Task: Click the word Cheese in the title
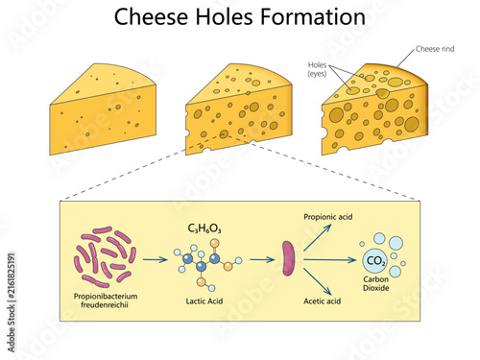(x=151, y=17)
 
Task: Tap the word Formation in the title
(x=313, y=17)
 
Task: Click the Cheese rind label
(x=435, y=49)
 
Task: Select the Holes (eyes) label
(x=317, y=69)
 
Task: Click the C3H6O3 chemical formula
(x=204, y=228)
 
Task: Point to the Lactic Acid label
(x=204, y=301)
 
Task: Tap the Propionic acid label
(x=328, y=217)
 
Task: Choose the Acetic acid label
(x=322, y=301)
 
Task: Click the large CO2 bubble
(x=375, y=261)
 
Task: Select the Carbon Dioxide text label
(x=376, y=283)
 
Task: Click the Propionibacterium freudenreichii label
(x=106, y=300)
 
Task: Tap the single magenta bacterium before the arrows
(x=288, y=258)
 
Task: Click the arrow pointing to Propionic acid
(x=318, y=237)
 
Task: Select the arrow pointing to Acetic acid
(x=318, y=281)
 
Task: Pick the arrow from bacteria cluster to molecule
(x=156, y=259)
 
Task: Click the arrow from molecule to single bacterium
(x=262, y=259)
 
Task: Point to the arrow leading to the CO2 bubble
(x=329, y=260)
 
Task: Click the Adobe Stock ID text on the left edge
(x=12, y=302)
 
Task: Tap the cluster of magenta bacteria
(x=105, y=257)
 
